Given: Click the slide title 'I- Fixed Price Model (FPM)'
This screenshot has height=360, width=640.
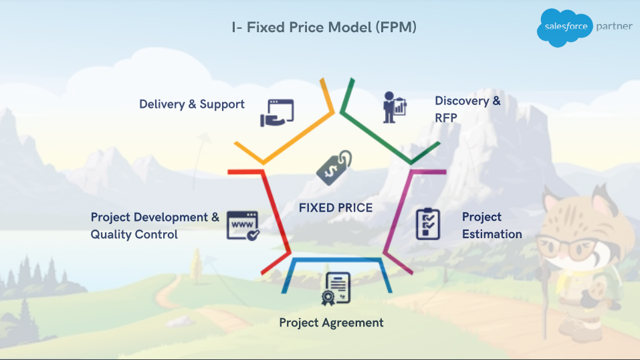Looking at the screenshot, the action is (x=324, y=27).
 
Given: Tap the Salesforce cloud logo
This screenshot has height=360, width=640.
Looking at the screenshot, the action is (x=564, y=27).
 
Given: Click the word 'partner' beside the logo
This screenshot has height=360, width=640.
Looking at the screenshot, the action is (x=614, y=27).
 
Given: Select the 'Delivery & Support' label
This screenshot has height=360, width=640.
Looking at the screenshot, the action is (x=192, y=104).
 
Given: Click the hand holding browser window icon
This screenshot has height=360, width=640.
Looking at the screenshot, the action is (x=277, y=113).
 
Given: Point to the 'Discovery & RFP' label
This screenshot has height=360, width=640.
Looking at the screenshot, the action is (x=467, y=109).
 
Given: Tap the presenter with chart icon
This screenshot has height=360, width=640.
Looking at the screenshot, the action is (x=395, y=107).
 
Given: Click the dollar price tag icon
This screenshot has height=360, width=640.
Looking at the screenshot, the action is (x=334, y=167).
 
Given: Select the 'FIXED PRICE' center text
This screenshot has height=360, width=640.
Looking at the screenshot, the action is (x=336, y=208).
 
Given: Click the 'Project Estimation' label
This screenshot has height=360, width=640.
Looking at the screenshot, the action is (x=492, y=225).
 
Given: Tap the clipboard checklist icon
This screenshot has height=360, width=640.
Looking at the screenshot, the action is (x=428, y=224).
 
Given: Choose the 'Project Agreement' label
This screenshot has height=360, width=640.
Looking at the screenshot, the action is (x=331, y=323).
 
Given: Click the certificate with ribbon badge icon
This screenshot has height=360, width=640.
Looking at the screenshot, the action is (x=336, y=289).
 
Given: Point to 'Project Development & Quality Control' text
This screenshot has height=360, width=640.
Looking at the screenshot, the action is (x=154, y=226).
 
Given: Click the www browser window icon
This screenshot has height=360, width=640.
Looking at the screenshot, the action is (x=243, y=226).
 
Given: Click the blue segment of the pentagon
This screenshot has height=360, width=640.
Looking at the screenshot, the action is (x=337, y=260).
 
